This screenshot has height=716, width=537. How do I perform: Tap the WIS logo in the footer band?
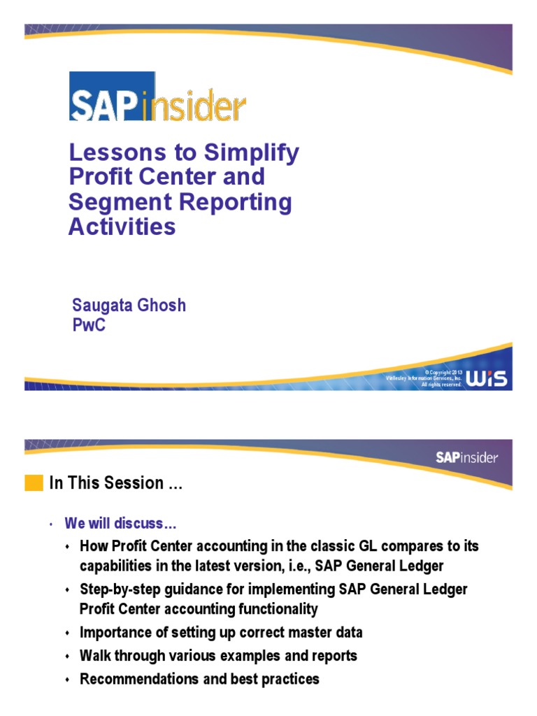coord(488,378)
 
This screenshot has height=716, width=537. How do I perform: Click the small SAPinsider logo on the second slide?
coord(467,458)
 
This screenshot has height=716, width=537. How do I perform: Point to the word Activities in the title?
coord(122,227)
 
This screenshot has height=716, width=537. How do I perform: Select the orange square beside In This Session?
coord(33,483)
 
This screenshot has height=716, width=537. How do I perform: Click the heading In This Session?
coord(115,483)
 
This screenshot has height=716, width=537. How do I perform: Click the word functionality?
coord(275,610)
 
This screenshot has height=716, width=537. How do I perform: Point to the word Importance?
coord(114,633)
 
